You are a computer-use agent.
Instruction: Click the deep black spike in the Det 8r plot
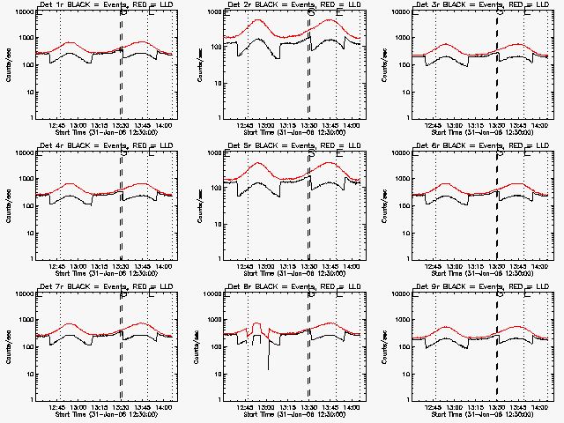(269, 357)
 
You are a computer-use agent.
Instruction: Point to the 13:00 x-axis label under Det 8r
(268, 409)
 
